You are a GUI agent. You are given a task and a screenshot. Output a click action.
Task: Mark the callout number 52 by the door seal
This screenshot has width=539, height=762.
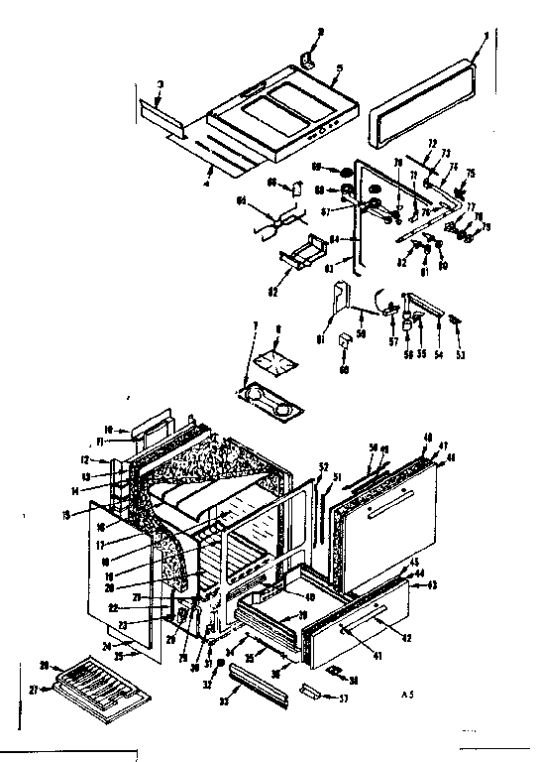click(x=323, y=465)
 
